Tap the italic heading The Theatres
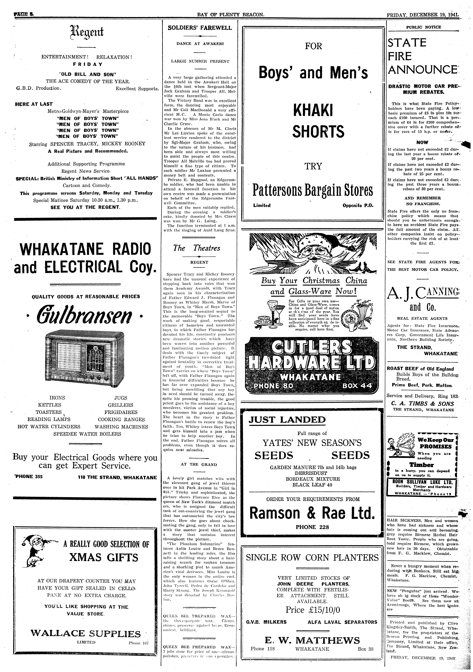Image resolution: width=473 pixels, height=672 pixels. [197, 248]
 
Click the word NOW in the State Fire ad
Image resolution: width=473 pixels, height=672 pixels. [422, 143]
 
